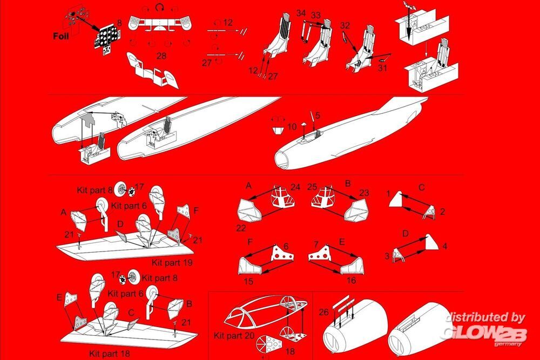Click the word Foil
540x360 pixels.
61,36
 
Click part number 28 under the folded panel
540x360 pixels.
161,56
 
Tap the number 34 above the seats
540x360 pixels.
301,13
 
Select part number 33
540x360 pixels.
316,15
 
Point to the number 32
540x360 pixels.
345,25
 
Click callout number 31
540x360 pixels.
383,68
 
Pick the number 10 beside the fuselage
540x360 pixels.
292,127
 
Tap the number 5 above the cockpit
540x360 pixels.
318,116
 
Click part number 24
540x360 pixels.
295,187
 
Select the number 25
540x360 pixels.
312,187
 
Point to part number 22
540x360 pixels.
241,228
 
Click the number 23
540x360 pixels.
364,193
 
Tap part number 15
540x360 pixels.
248,281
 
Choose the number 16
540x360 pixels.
351,281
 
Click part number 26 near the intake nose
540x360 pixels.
323,312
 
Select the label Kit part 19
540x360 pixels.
172,263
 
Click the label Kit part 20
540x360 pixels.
234,336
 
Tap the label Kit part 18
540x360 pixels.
110,354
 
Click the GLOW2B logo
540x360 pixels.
485,334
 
